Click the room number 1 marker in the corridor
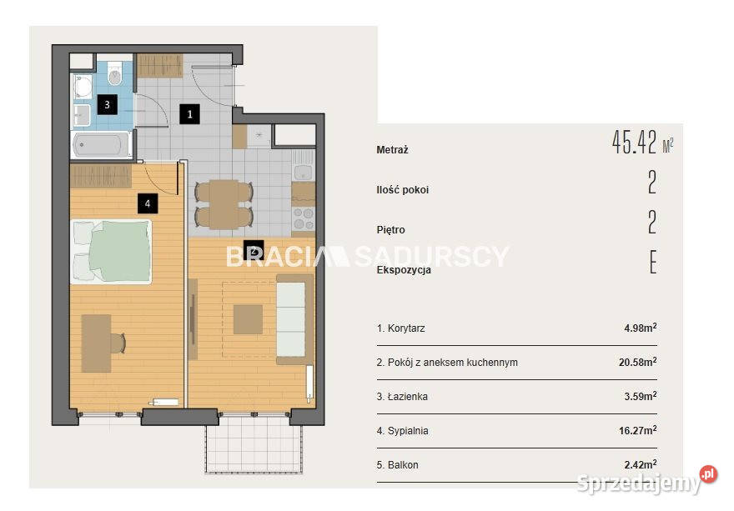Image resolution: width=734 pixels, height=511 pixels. [189, 114]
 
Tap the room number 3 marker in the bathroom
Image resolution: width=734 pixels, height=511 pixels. [108, 104]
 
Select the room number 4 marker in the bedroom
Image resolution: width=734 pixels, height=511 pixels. [148, 203]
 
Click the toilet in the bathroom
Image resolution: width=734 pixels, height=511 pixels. [115, 74]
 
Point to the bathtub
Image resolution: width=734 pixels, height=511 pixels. [102, 144]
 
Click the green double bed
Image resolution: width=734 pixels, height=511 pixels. [112, 252]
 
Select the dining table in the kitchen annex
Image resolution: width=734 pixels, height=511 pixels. [224, 204]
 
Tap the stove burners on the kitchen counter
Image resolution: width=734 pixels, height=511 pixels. [304, 219]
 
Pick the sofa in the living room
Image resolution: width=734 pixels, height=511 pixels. [294, 319]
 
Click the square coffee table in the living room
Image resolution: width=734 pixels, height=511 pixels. [248, 319]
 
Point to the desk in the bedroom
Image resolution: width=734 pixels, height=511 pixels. [97, 343]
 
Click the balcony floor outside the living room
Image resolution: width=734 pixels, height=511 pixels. [254, 443]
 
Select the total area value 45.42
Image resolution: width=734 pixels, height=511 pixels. [634, 143]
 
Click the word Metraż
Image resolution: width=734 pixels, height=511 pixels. [392, 150]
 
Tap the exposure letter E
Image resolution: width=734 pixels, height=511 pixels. [653, 262]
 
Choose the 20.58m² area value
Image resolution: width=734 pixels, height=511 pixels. [637, 362]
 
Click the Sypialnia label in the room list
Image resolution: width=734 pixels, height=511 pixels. [408, 430]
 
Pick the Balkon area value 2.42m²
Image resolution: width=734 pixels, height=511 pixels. [641, 464]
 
